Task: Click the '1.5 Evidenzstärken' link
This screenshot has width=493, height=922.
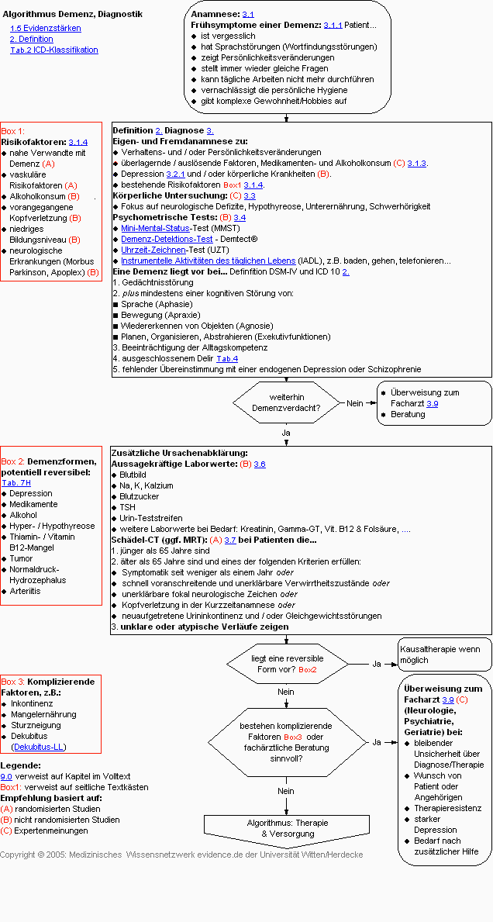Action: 45,28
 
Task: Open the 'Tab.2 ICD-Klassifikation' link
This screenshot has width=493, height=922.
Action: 54,50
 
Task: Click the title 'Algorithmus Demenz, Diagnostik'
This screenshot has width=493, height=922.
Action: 72,14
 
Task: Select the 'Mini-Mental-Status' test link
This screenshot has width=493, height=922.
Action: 156,228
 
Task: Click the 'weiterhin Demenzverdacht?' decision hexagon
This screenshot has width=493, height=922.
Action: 288,403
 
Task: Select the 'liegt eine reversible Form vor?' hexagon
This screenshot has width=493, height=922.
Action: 287,664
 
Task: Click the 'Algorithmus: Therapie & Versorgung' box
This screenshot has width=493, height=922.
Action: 287,828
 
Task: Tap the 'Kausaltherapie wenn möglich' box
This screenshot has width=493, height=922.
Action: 445,654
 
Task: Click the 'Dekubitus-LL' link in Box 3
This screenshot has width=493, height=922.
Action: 39,747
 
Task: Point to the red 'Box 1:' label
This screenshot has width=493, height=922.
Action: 12,131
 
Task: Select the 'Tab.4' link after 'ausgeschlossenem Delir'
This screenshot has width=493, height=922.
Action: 226,358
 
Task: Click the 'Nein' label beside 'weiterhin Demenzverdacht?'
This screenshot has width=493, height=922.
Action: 355,403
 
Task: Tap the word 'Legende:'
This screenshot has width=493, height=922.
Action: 20,765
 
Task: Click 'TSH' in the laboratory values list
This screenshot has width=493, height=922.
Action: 127,507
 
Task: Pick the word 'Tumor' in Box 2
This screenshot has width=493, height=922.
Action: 21,558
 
